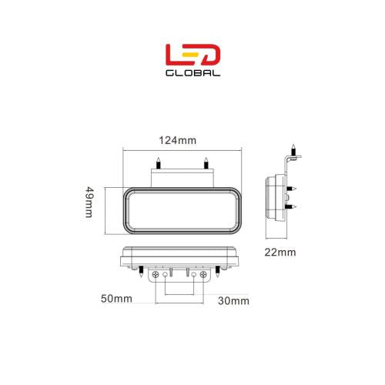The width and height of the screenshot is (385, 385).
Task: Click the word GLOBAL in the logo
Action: (x=192, y=74)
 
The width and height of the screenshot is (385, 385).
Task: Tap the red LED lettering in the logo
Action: (x=192, y=55)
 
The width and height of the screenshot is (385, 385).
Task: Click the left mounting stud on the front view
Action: (x=158, y=163)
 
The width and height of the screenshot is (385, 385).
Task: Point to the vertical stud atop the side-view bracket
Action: (x=293, y=148)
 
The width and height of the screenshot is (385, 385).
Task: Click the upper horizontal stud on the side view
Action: (x=293, y=188)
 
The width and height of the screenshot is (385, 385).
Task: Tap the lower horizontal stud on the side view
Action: (x=293, y=206)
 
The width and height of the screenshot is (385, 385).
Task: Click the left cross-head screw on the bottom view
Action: (x=159, y=274)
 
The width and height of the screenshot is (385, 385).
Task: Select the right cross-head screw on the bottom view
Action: (x=203, y=274)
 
